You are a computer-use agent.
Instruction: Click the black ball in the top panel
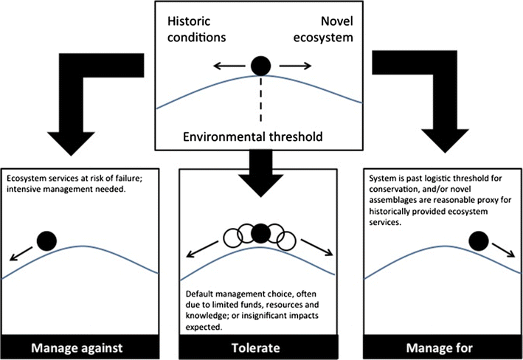[x=260, y=66]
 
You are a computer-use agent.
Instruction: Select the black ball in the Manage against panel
[x=46, y=240]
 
